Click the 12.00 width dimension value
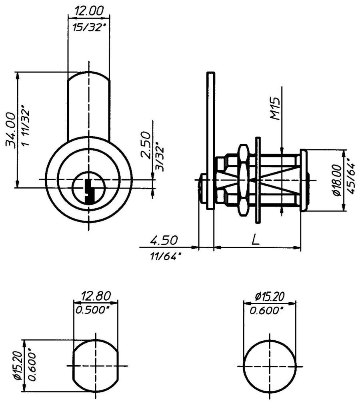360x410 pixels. tap(88, 11)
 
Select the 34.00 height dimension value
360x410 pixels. tap(11, 130)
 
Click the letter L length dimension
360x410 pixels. tap(256, 240)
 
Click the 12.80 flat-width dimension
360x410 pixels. tap(96, 297)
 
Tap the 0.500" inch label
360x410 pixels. tap(96, 310)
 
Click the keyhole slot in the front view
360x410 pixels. tap(89, 190)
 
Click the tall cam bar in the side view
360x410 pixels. tap(211, 140)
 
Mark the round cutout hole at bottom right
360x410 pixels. tap(270, 366)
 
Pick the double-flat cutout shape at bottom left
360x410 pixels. tap(96, 366)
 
